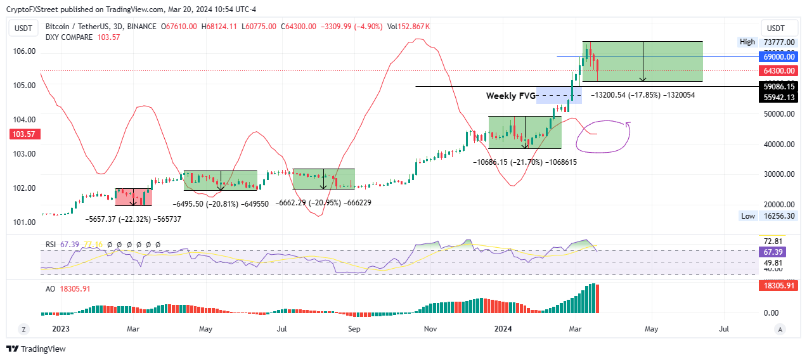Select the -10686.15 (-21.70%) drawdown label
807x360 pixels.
pyautogui.click(x=525, y=162)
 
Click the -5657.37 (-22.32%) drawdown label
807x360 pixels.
pyautogui.click(x=134, y=219)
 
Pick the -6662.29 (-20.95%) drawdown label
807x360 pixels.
pyautogui.click(x=324, y=203)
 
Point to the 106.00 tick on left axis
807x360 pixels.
pyautogui.click(x=25, y=51)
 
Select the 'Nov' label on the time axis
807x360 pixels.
pyautogui.click(x=430, y=329)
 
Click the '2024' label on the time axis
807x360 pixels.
pyautogui.click(x=503, y=329)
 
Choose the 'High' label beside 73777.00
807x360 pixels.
pyautogui.click(x=747, y=42)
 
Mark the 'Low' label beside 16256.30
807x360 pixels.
pyautogui.click(x=747, y=216)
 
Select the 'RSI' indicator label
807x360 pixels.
pyautogui.click(x=49, y=244)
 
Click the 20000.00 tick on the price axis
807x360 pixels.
pyautogui.click(x=780, y=204)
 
